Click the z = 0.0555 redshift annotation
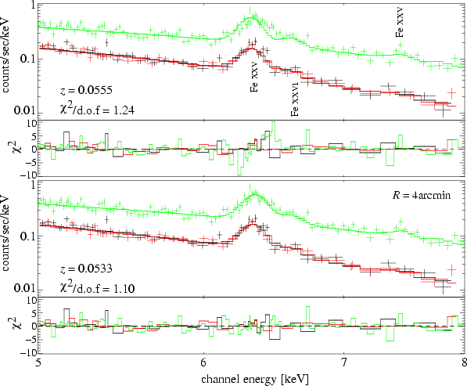coord(86,90)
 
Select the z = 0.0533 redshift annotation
coord(86,269)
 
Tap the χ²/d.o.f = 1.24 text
coord(97,110)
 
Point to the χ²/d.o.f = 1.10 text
coord(97,287)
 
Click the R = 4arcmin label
coord(422,195)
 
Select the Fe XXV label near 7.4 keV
coord(400,23)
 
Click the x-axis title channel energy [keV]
coord(255,379)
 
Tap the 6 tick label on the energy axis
coord(203,363)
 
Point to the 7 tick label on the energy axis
coord(343,363)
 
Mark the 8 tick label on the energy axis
coord(464,363)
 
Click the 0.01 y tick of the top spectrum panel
coord(24,111)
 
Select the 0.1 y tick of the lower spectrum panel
coord(27,237)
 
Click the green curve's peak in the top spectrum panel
coord(251,17)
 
